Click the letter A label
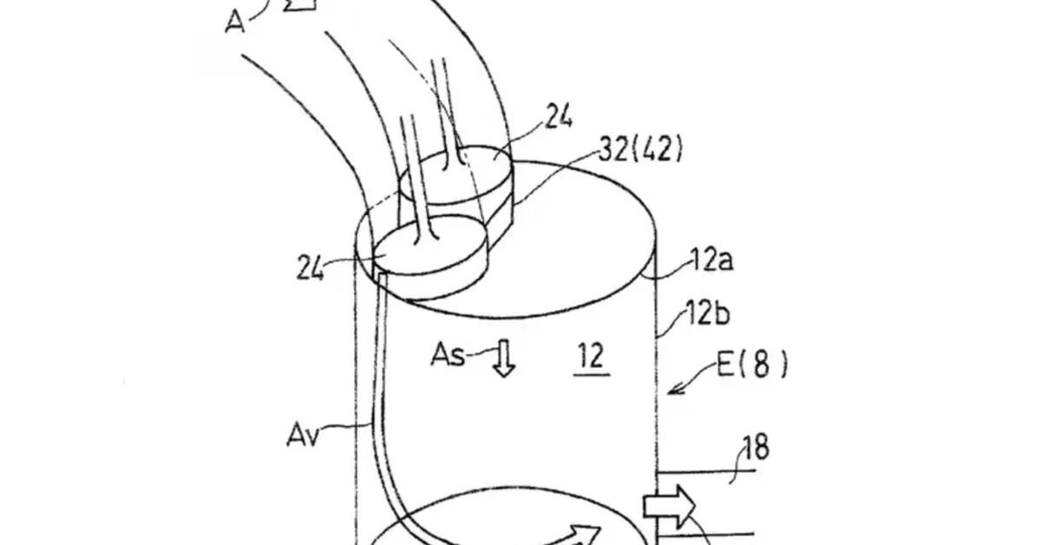[235, 22]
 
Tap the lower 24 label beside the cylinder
[310, 268]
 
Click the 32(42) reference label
[641, 149]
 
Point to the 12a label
[712, 260]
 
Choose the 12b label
[708, 312]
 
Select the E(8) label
[752, 364]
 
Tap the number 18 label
[756, 447]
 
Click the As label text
[448, 355]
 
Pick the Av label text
[303, 436]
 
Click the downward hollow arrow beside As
[504, 358]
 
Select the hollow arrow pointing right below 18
[669, 507]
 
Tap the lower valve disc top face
[430, 246]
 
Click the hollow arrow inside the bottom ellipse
[574, 535]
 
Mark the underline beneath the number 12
[592, 374]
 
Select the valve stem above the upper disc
[447, 113]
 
